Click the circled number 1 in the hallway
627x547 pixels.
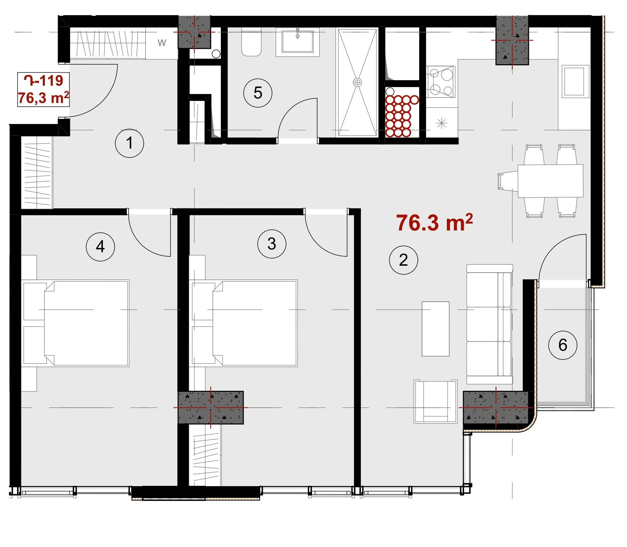click(129, 143)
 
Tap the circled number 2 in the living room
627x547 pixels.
click(403, 260)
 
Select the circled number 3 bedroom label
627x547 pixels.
click(272, 244)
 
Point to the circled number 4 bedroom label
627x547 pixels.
click(100, 247)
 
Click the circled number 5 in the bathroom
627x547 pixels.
click(258, 93)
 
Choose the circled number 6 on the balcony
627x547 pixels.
click(562, 345)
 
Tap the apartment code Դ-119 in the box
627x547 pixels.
click(43, 81)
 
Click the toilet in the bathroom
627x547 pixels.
click(251, 44)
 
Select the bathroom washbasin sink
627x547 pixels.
click(297, 43)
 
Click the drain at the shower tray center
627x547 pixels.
click(357, 83)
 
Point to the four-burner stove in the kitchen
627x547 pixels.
click(441, 82)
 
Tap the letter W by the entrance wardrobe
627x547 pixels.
click(162, 43)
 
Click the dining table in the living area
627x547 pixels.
click(550, 181)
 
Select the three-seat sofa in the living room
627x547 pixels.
click(490, 324)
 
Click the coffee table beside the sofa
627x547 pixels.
click(435, 329)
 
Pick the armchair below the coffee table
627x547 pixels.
click(435, 402)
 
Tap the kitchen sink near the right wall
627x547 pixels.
click(574, 82)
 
